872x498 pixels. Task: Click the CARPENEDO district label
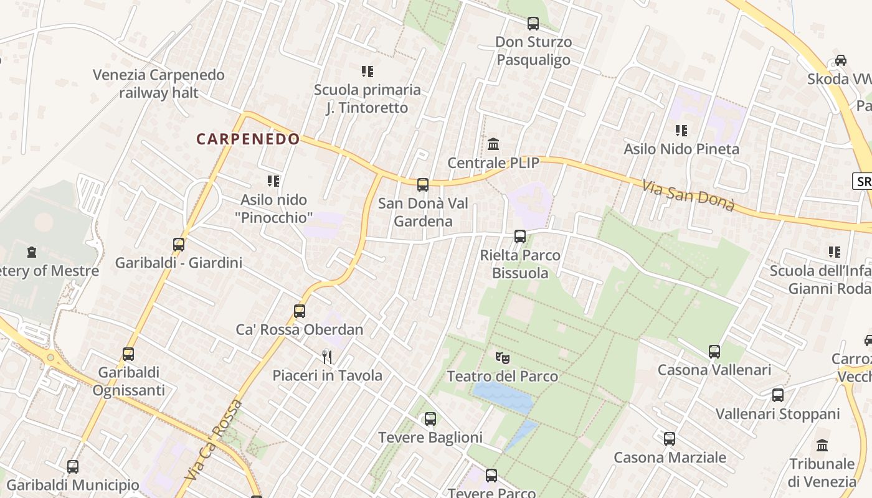pyautogui.click(x=248, y=139)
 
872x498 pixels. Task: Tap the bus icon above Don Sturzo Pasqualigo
pyautogui.click(x=533, y=24)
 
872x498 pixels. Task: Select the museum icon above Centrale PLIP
pyautogui.click(x=493, y=144)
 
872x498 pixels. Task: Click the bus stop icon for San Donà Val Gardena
pyautogui.click(x=422, y=185)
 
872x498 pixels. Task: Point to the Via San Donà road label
pyautogui.click(x=688, y=195)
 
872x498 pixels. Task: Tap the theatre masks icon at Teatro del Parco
pyautogui.click(x=502, y=358)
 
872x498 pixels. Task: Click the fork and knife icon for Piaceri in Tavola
pyautogui.click(x=327, y=357)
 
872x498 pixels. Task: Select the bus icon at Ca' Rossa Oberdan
pyautogui.click(x=299, y=311)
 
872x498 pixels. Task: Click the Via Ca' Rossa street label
pyautogui.click(x=214, y=440)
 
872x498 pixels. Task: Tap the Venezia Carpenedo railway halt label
pyautogui.click(x=158, y=84)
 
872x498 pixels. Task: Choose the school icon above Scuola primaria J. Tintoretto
pyautogui.click(x=367, y=72)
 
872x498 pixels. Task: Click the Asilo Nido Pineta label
pyautogui.click(x=681, y=149)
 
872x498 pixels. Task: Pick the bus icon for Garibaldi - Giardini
pyautogui.click(x=178, y=245)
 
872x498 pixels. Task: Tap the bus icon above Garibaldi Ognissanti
pyautogui.click(x=128, y=354)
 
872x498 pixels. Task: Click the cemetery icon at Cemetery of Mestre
pyautogui.click(x=32, y=252)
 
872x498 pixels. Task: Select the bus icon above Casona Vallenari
pyautogui.click(x=714, y=352)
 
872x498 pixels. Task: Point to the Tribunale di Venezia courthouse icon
pyautogui.click(x=822, y=446)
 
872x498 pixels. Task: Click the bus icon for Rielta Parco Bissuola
pyautogui.click(x=519, y=237)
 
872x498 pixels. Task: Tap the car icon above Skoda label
pyautogui.click(x=840, y=60)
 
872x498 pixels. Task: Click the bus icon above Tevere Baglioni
pyautogui.click(x=430, y=419)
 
